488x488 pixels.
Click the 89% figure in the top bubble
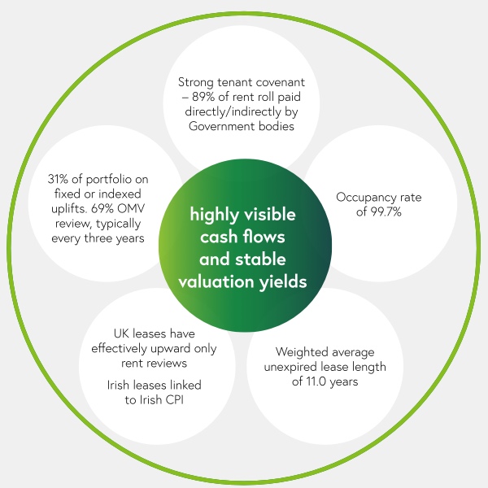click(203, 97)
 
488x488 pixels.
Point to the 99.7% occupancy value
click(386, 212)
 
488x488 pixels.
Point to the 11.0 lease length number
click(316, 381)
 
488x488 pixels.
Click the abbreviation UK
click(121, 333)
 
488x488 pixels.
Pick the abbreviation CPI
click(175, 400)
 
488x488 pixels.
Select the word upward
click(172, 349)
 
